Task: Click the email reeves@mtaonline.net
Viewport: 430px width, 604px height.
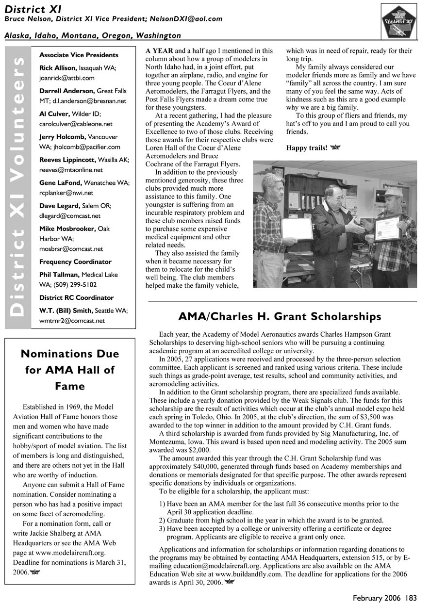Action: click(71, 170)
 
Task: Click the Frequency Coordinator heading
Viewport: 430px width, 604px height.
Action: click(75, 261)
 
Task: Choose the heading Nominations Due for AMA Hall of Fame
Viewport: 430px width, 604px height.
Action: click(69, 370)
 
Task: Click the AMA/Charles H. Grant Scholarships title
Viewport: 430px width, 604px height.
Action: click(280, 317)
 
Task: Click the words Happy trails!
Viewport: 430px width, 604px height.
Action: click(307, 147)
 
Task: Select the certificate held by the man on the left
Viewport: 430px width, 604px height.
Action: click(297, 229)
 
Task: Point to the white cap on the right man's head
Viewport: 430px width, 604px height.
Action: click(394, 192)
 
